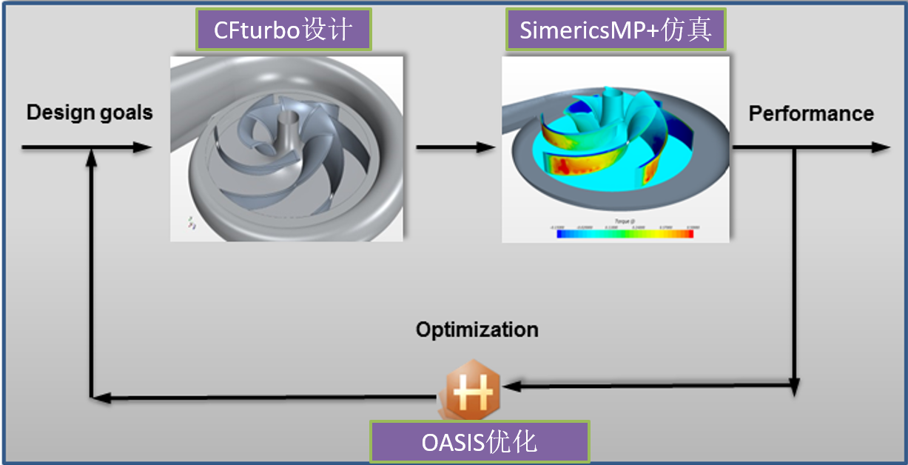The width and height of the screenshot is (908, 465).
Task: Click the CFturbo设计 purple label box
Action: (283, 30)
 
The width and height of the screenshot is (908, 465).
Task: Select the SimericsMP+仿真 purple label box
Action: (615, 30)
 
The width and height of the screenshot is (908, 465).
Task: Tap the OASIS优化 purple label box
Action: (479, 442)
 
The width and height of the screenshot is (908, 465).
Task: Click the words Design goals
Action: (90, 113)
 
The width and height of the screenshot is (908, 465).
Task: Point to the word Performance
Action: (811, 113)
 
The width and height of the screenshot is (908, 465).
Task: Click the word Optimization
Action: (477, 329)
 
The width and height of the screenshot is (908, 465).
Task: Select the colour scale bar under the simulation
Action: (625, 233)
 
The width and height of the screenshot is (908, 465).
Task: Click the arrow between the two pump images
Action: (454, 147)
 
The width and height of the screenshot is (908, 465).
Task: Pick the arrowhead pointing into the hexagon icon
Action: (510, 386)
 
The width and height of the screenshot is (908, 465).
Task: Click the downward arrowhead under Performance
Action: (794, 388)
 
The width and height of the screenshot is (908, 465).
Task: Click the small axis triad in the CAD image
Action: (191, 223)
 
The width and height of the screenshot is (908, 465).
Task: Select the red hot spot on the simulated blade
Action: (570, 164)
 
